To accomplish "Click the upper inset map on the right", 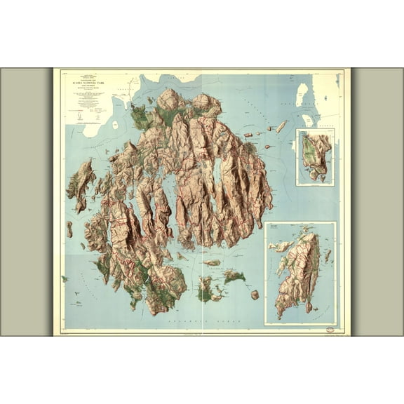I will pyautogui.click(x=314, y=157).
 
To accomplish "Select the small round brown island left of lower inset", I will pyautogui.click(x=255, y=295).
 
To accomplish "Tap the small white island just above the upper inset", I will pyautogui.click(x=307, y=120).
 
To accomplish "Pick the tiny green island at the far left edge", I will pyautogui.click(x=64, y=278).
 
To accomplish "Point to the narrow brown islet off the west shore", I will pyautogui.click(x=69, y=229).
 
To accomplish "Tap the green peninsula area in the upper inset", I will pyautogui.click(x=307, y=159).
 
